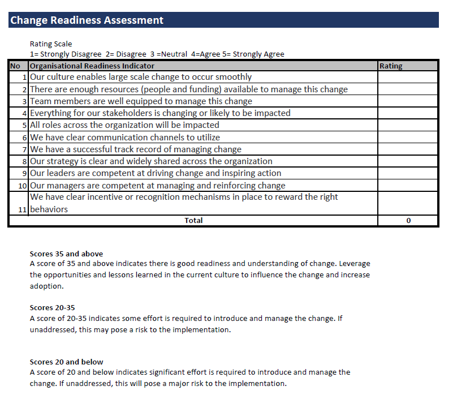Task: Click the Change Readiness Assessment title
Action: click(x=87, y=20)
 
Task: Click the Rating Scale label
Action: click(x=51, y=44)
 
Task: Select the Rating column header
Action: click(x=391, y=66)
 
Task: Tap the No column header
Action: click(x=15, y=66)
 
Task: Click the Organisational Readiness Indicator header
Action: click(x=92, y=66)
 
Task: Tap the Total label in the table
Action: click(x=193, y=220)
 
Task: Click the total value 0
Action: click(x=408, y=220)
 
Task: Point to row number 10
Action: click(x=23, y=186)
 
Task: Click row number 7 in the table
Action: click(x=25, y=149)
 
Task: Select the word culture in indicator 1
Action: click(x=61, y=77)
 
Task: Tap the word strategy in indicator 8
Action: click(x=61, y=161)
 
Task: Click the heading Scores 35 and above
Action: click(x=66, y=254)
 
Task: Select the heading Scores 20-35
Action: click(x=52, y=307)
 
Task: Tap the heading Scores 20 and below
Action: click(x=66, y=362)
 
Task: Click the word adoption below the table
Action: click(x=46, y=286)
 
